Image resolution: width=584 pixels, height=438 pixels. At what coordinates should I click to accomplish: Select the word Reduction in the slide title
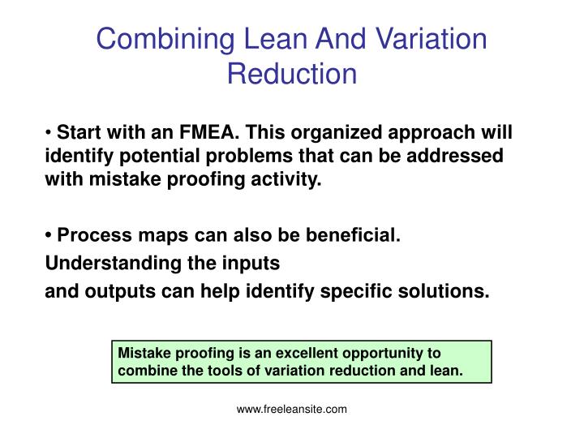point(292,74)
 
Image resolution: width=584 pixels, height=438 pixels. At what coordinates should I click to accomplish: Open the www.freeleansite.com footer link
point(292,410)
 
